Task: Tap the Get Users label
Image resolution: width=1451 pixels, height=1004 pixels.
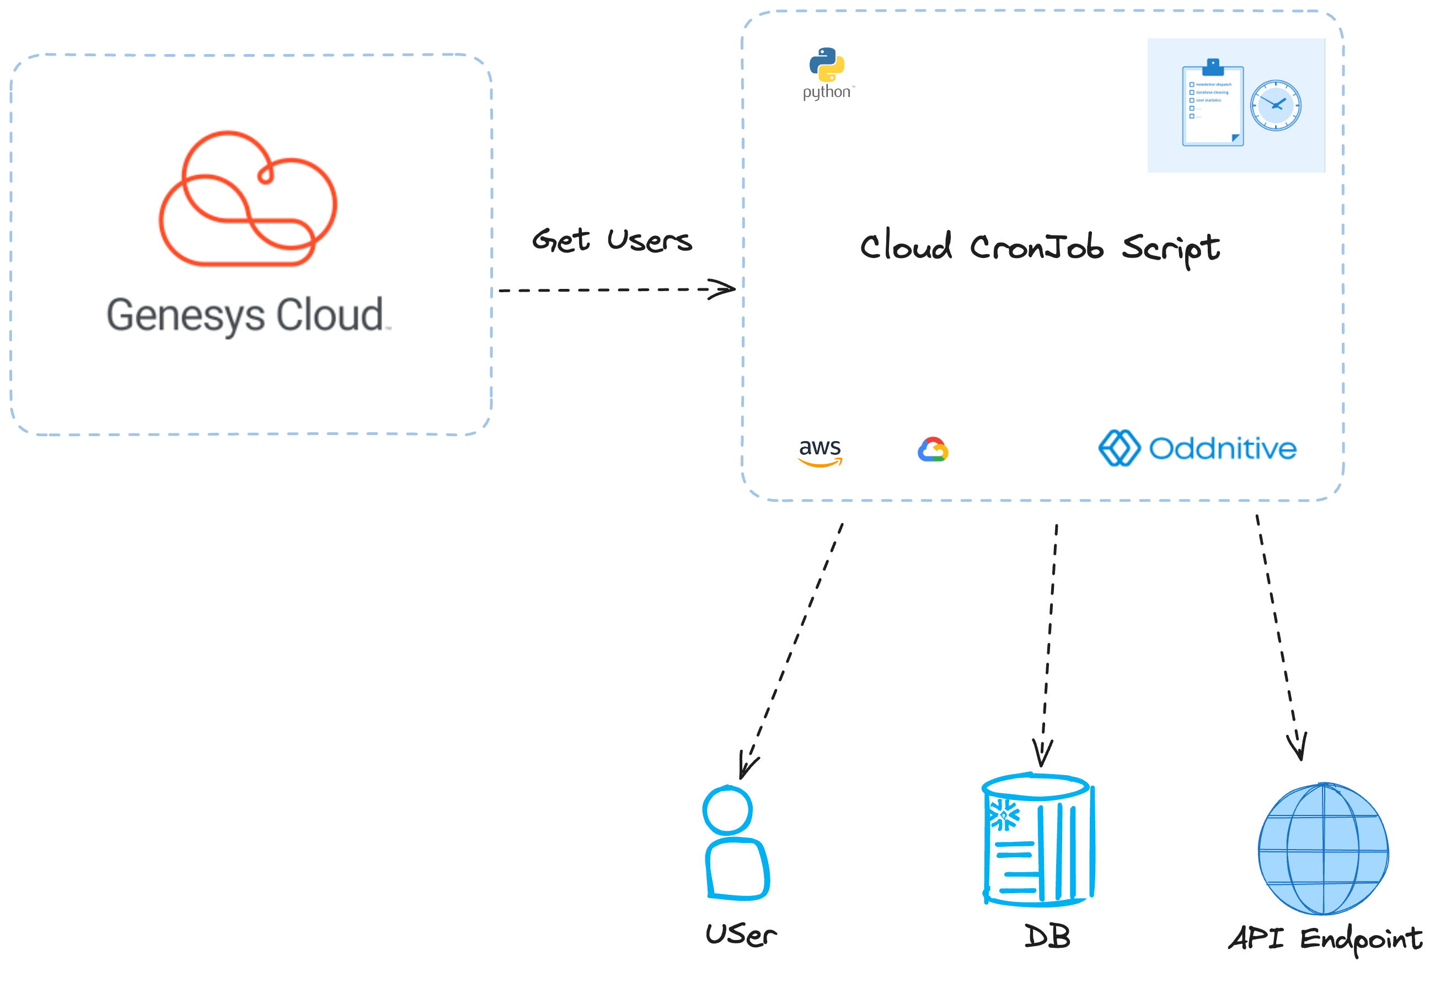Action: (x=611, y=241)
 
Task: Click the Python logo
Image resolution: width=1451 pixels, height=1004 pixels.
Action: (x=826, y=66)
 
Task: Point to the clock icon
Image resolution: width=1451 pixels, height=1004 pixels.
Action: (x=1275, y=105)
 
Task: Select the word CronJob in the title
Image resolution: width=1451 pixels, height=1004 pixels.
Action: (x=1036, y=246)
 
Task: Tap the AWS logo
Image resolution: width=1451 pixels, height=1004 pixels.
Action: (x=819, y=452)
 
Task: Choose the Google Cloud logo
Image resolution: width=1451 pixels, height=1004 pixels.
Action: (x=933, y=450)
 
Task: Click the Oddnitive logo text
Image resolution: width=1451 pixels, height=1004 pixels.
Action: (x=1222, y=449)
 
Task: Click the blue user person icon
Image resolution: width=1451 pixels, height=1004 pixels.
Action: (x=733, y=842)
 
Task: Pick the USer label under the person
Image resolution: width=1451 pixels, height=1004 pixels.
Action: (x=741, y=934)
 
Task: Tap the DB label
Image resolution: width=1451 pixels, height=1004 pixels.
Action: (x=1046, y=937)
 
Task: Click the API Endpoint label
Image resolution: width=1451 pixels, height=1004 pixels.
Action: (x=1325, y=938)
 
